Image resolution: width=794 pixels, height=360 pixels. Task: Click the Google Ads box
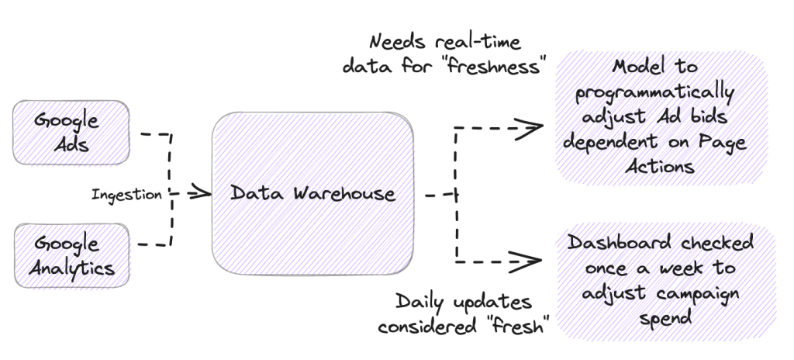pos(70,133)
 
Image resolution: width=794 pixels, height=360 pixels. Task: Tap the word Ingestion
pos(127,195)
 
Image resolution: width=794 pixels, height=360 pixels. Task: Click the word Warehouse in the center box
pos(345,193)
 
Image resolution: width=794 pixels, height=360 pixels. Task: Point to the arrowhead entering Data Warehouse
pos(202,192)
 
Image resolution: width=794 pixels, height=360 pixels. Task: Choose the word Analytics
pos(73,269)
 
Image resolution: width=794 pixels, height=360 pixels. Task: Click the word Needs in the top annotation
pos(397,41)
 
